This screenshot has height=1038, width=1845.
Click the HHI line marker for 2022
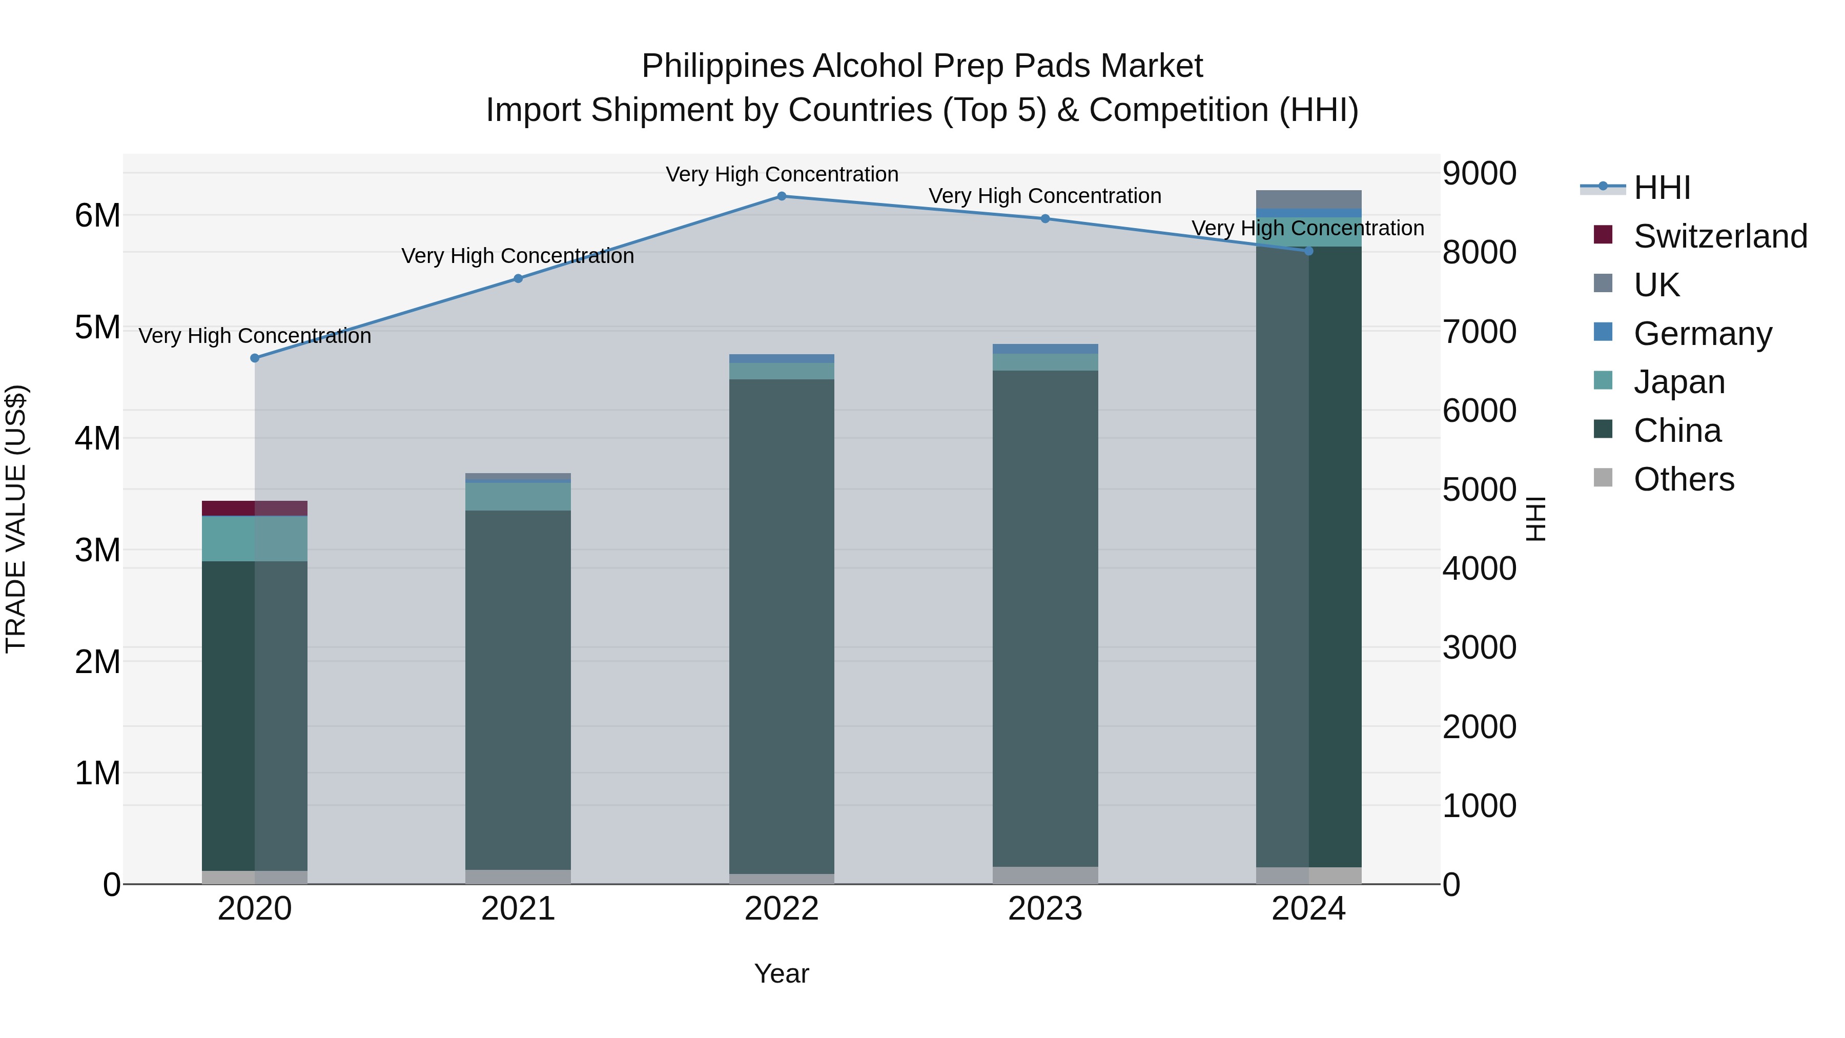click(x=782, y=196)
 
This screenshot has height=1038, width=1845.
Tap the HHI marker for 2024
click(x=1308, y=251)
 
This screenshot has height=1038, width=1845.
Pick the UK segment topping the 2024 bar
click(x=1308, y=199)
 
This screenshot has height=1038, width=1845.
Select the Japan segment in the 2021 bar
click(x=518, y=496)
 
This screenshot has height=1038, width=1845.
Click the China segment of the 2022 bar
click(x=782, y=623)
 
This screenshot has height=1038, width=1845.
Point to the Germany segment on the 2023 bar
click(x=1045, y=349)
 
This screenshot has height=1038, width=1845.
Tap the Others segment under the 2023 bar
click(x=1045, y=876)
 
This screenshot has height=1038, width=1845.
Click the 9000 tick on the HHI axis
click(x=1479, y=173)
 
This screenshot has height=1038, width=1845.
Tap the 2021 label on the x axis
click(x=518, y=909)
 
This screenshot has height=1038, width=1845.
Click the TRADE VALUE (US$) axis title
click(x=16, y=519)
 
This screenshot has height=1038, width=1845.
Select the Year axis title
click(x=782, y=973)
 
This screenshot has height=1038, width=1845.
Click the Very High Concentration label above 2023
click(x=1045, y=196)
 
